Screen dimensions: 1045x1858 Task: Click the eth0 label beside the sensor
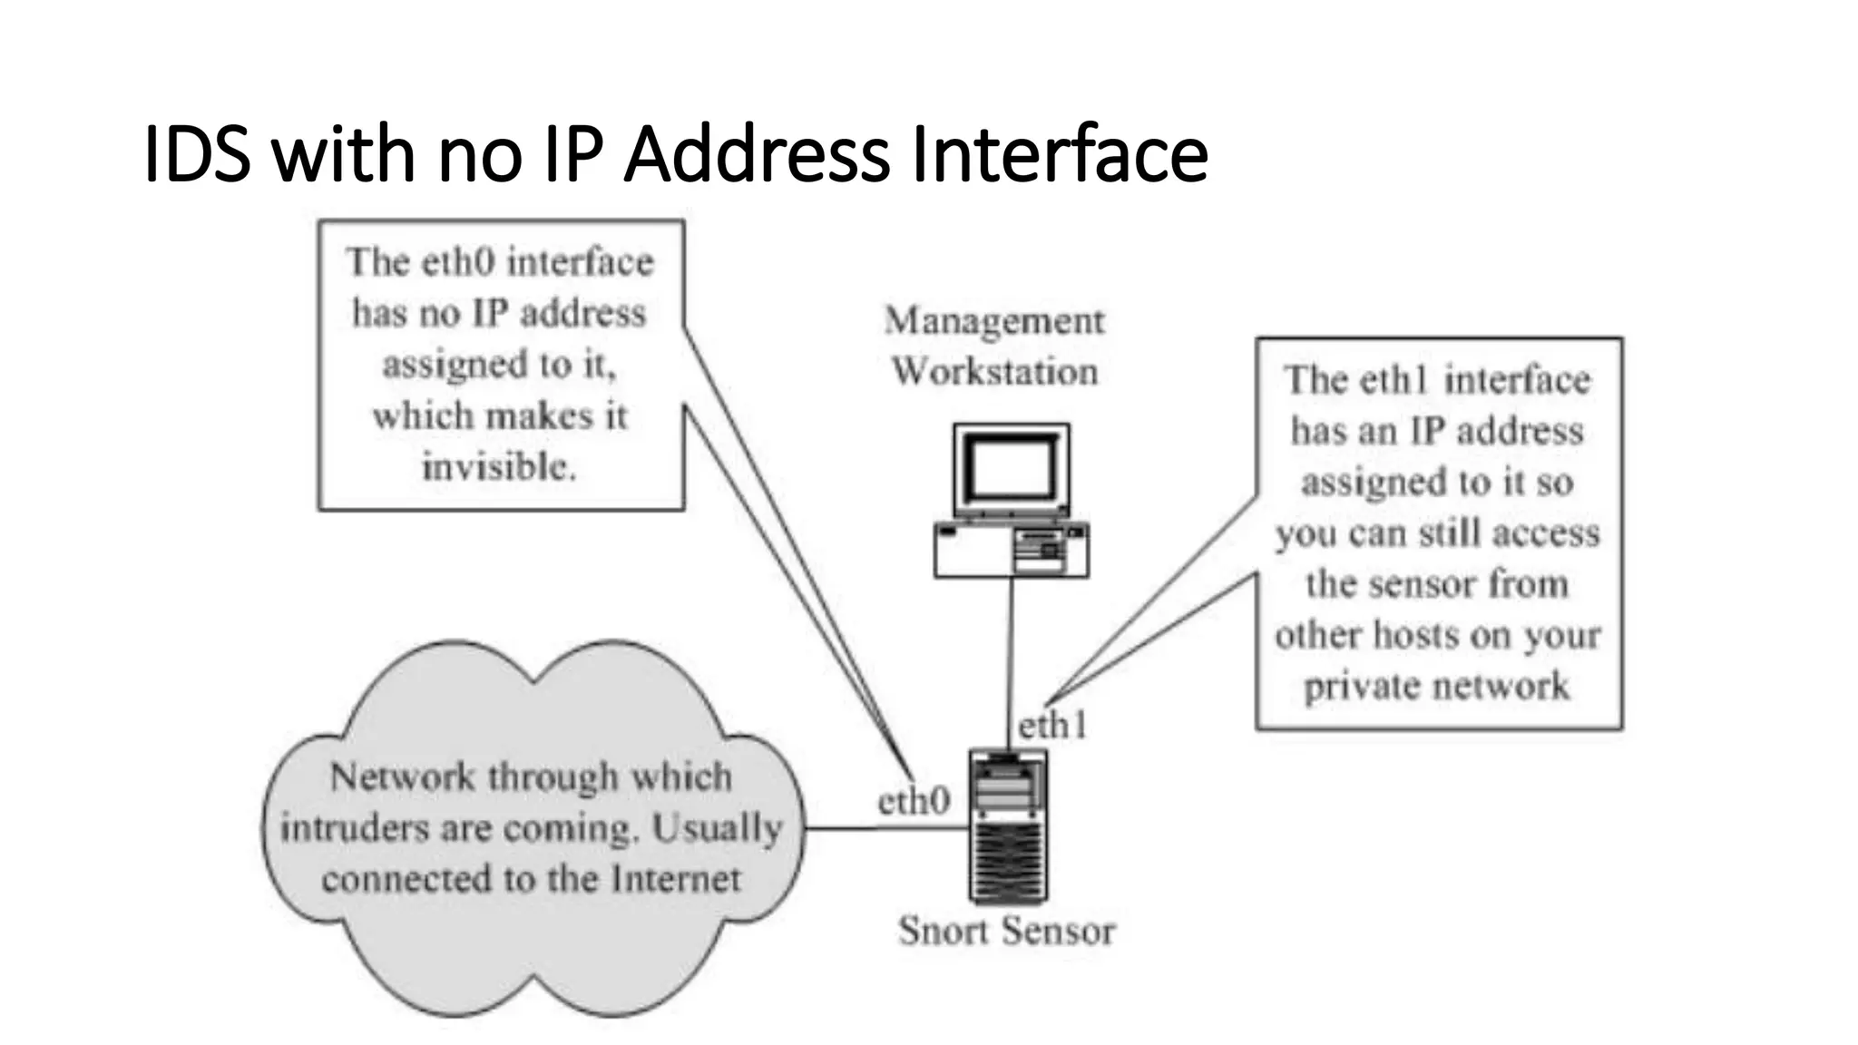[914, 801]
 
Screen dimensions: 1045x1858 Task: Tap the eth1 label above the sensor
[1052, 726]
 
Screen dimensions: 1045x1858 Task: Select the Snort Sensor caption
[1006, 931]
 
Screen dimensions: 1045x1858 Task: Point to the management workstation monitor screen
[1011, 471]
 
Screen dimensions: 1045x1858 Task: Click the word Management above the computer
[994, 321]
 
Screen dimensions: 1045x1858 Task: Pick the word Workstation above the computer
[994, 372]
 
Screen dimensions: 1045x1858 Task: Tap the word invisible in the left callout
[498, 467]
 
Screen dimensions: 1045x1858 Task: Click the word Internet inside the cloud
[676, 879]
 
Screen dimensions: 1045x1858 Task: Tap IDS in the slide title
[197, 154]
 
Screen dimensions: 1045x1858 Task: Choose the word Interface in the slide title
[1060, 154]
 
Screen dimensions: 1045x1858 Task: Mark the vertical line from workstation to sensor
[1010, 662]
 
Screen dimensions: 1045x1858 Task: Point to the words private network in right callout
[1436, 686]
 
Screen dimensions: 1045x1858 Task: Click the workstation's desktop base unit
[1011, 550]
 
